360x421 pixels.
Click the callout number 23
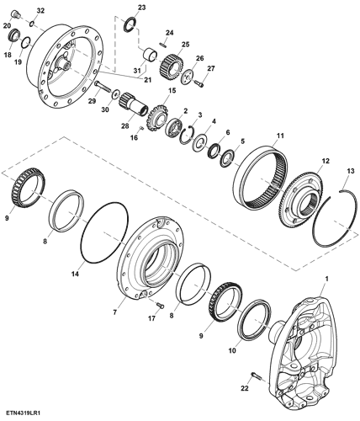pos(142,8)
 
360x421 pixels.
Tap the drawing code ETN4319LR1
pos(23,413)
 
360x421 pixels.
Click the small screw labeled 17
pos(160,305)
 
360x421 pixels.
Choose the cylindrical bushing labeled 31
pos(150,55)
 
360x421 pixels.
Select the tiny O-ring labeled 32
pos(32,24)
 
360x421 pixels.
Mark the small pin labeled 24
pos(163,45)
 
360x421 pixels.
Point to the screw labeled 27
pos(199,83)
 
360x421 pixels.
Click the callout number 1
pos(326,279)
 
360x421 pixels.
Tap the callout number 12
pos(326,161)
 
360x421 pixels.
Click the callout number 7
pos(114,312)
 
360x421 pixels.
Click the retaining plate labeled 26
pos(187,76)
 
